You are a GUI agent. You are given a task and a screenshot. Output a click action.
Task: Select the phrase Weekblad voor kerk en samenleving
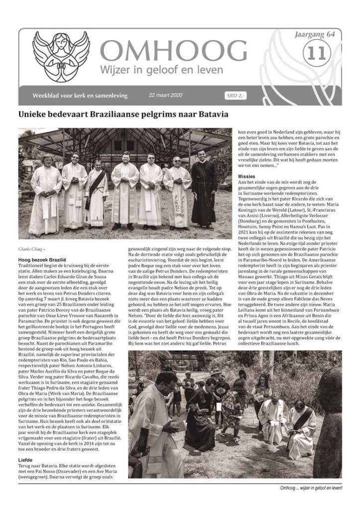pyautogui.click(x=80, y=95)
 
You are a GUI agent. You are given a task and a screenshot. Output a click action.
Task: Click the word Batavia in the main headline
pyautogui.click(x=211, y=114)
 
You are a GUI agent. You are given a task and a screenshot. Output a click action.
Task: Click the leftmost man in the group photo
pyautogui.click(x=45, y=194)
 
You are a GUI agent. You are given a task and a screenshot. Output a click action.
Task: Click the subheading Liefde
pyautogui.click(x=25, y=460)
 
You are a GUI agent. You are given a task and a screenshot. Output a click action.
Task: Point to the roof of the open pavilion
pyautogui.click(x=124, y=139)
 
